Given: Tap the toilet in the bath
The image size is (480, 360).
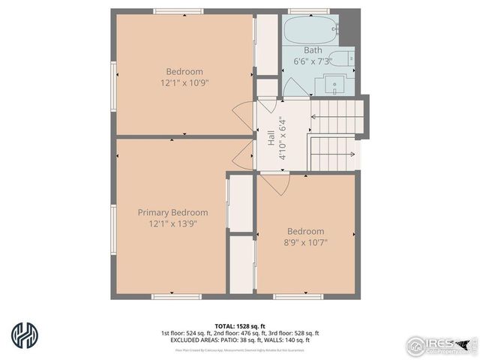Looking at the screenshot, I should point(342,59).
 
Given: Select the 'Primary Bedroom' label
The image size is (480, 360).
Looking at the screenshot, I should point(172,212).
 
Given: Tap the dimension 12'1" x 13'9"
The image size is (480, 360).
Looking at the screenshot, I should point(172,223).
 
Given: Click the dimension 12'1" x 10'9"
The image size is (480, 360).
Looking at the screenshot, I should point(184,82).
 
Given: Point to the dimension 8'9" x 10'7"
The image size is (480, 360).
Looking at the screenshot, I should point(305,241).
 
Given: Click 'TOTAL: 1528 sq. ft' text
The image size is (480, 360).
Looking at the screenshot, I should point(239,325).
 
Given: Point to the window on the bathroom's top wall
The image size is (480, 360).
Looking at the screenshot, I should point(308,10).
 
